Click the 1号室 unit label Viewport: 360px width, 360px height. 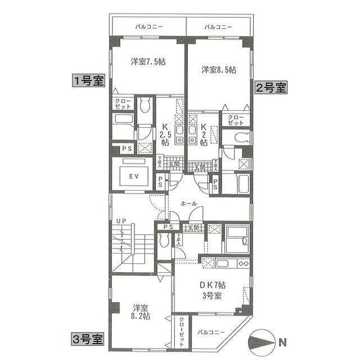pyautogui.click(x=88, y=80)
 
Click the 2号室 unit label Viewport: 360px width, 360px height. pyautogui.click(x=271, y=88)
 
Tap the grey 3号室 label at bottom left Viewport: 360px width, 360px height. pyautogui.click(x=87, y=339)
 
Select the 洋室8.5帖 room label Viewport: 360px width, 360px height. pyautogui.click(x=219, y=70)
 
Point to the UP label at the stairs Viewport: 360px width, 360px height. pyautogui.click(x=121, y=222)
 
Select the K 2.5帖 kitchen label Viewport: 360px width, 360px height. pyautogui.click(x=165, y=135)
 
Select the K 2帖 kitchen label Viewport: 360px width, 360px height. pyautogui.click(x=204, y=135)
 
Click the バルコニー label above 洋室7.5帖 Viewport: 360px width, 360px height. pyautogui.click(x=149, y=26)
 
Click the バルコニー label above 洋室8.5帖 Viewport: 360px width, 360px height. pyautogui.click(x=218, y=26)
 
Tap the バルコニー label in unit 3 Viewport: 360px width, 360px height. pyautogui.click(x=212, y=332)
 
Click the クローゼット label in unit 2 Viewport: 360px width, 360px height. pyautogui.click(x=237, y=120)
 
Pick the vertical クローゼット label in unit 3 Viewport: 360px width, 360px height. pyautogui.click(x=182, y=334)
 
